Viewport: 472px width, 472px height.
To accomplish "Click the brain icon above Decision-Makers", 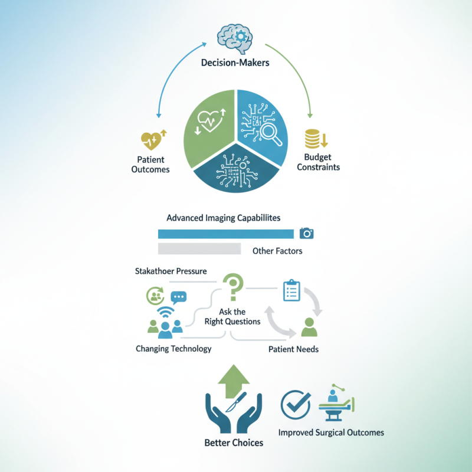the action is (235, 39).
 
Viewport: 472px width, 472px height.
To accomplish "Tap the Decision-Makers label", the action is (235, 63).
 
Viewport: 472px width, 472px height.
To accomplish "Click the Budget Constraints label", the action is (318, 162).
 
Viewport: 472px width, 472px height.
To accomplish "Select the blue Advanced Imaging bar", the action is (226, 234).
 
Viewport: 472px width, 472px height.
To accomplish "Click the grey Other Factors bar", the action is (199, 248).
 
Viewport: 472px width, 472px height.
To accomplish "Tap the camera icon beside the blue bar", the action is (306, 233).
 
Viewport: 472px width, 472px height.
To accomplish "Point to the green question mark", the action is (233, 287).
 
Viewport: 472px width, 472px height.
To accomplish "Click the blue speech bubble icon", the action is (179, 298).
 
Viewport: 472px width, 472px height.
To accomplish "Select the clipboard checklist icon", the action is (291, 290).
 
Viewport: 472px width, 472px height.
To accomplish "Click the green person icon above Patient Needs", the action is (309, 327).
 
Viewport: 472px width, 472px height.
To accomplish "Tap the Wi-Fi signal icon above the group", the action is (165, 312).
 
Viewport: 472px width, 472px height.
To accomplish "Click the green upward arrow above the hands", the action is (234, 381).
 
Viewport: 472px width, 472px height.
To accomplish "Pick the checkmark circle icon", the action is (296, 404).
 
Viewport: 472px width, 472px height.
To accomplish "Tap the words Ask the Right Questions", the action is (232, 317).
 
